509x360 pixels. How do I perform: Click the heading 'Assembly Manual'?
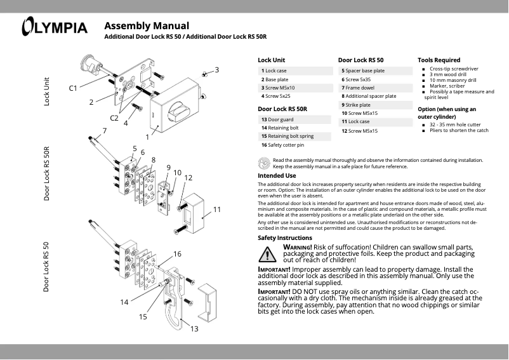146,26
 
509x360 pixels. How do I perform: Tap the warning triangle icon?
268,255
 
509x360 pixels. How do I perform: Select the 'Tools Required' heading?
439,60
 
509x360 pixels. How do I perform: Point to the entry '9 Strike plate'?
357,104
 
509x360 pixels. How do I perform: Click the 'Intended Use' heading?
277,175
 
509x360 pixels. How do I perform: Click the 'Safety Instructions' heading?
285,237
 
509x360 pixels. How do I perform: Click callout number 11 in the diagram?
216,209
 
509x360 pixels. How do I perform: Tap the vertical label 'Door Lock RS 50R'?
46,173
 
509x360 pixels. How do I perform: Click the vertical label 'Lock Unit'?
46,91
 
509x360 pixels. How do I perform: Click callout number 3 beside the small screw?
216,69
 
